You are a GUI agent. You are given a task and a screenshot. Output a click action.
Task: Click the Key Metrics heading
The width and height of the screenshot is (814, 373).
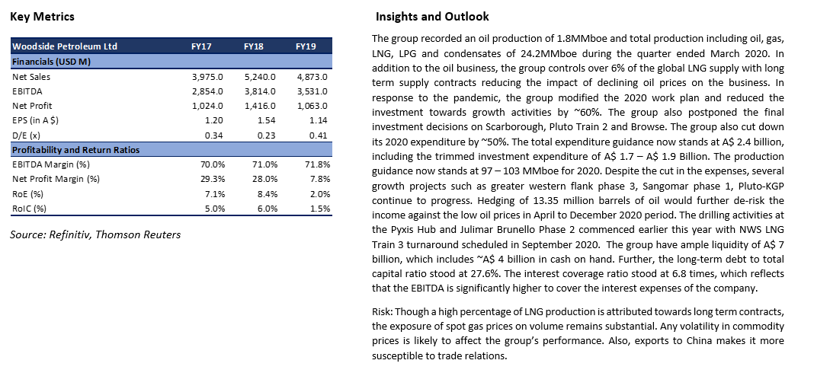(43, 17)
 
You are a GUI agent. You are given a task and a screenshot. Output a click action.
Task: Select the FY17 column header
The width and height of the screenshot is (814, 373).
(201, 46)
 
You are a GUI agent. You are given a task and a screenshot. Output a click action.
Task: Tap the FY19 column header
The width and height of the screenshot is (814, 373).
(306, 46)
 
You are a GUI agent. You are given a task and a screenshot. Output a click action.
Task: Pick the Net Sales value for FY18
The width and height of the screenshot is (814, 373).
(260, 77)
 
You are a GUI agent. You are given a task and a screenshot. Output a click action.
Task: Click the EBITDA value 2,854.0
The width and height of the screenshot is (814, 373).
(207, 91)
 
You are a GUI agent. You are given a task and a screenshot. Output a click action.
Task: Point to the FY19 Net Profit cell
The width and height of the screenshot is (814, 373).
(312, 106)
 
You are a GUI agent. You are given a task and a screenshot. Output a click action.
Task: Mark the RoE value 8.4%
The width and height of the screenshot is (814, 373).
(268, 195)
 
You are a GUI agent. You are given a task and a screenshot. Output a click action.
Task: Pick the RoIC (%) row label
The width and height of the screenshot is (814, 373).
(26, 209)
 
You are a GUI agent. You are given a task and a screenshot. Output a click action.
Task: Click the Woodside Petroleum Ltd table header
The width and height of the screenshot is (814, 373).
(64, 46)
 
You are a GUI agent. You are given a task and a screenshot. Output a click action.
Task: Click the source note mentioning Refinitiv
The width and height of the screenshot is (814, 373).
(95, 234)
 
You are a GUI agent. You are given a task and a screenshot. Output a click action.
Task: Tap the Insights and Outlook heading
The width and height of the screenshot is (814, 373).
(432, 17)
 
